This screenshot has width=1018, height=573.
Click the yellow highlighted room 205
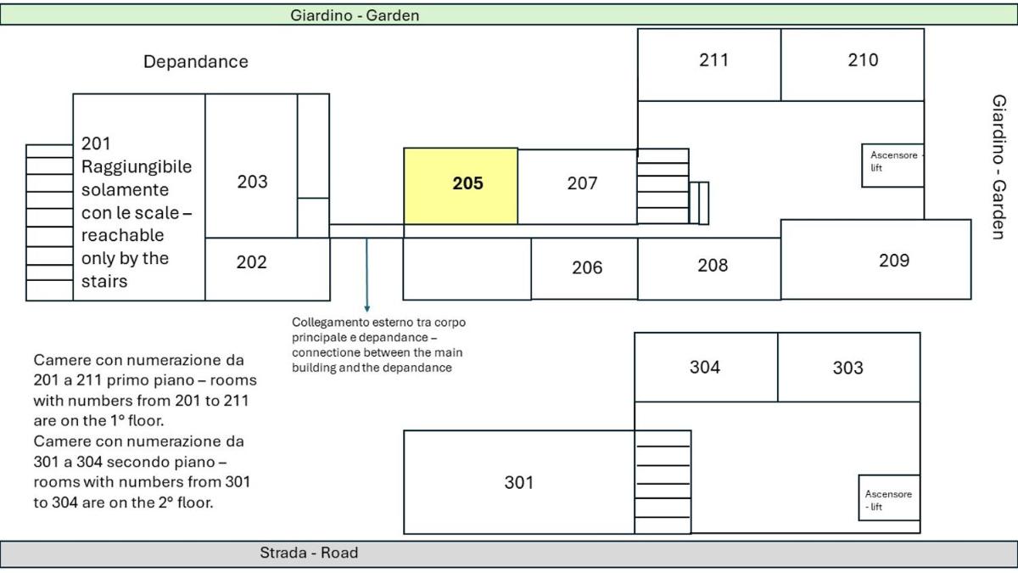point(461,186)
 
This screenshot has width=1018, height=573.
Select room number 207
point(582,183)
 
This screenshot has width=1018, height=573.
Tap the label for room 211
point(713,60)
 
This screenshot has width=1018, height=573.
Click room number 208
point(713,265)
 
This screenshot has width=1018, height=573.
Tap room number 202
point(251,262)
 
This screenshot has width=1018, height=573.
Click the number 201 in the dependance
point(96,143)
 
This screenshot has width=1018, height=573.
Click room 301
point(519,482)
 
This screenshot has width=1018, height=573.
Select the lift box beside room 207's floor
point(892,165)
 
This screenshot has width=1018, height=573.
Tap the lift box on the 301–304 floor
point(889,497)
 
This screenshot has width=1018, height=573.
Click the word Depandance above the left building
point(196,62)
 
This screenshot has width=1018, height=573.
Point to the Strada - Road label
point(309,553)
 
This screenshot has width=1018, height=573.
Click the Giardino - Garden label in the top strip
point(355,15)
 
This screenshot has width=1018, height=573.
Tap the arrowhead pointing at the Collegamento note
point(367,309)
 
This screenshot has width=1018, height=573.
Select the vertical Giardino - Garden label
point(998,167)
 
